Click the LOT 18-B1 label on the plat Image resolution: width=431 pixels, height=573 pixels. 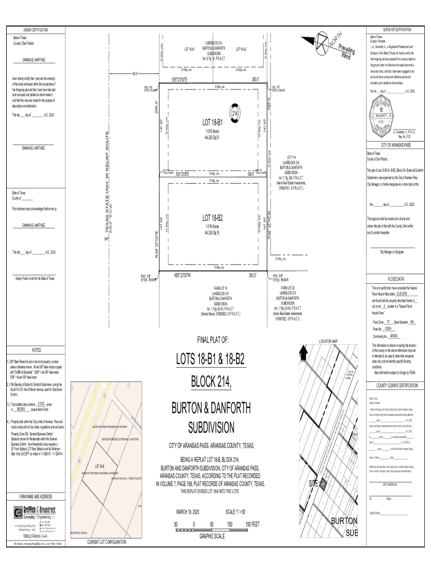tap(213, 121)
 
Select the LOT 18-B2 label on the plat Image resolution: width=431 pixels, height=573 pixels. tap(213, 217)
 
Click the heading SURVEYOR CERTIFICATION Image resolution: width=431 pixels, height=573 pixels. tap(397, 29)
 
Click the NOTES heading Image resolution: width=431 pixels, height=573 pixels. tap(38, 350)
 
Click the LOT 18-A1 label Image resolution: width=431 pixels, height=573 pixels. tap(189, 50)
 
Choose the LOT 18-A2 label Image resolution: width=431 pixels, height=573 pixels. tap(241, 50)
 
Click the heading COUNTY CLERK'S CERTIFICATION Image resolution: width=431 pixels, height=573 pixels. tap(396, 386)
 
